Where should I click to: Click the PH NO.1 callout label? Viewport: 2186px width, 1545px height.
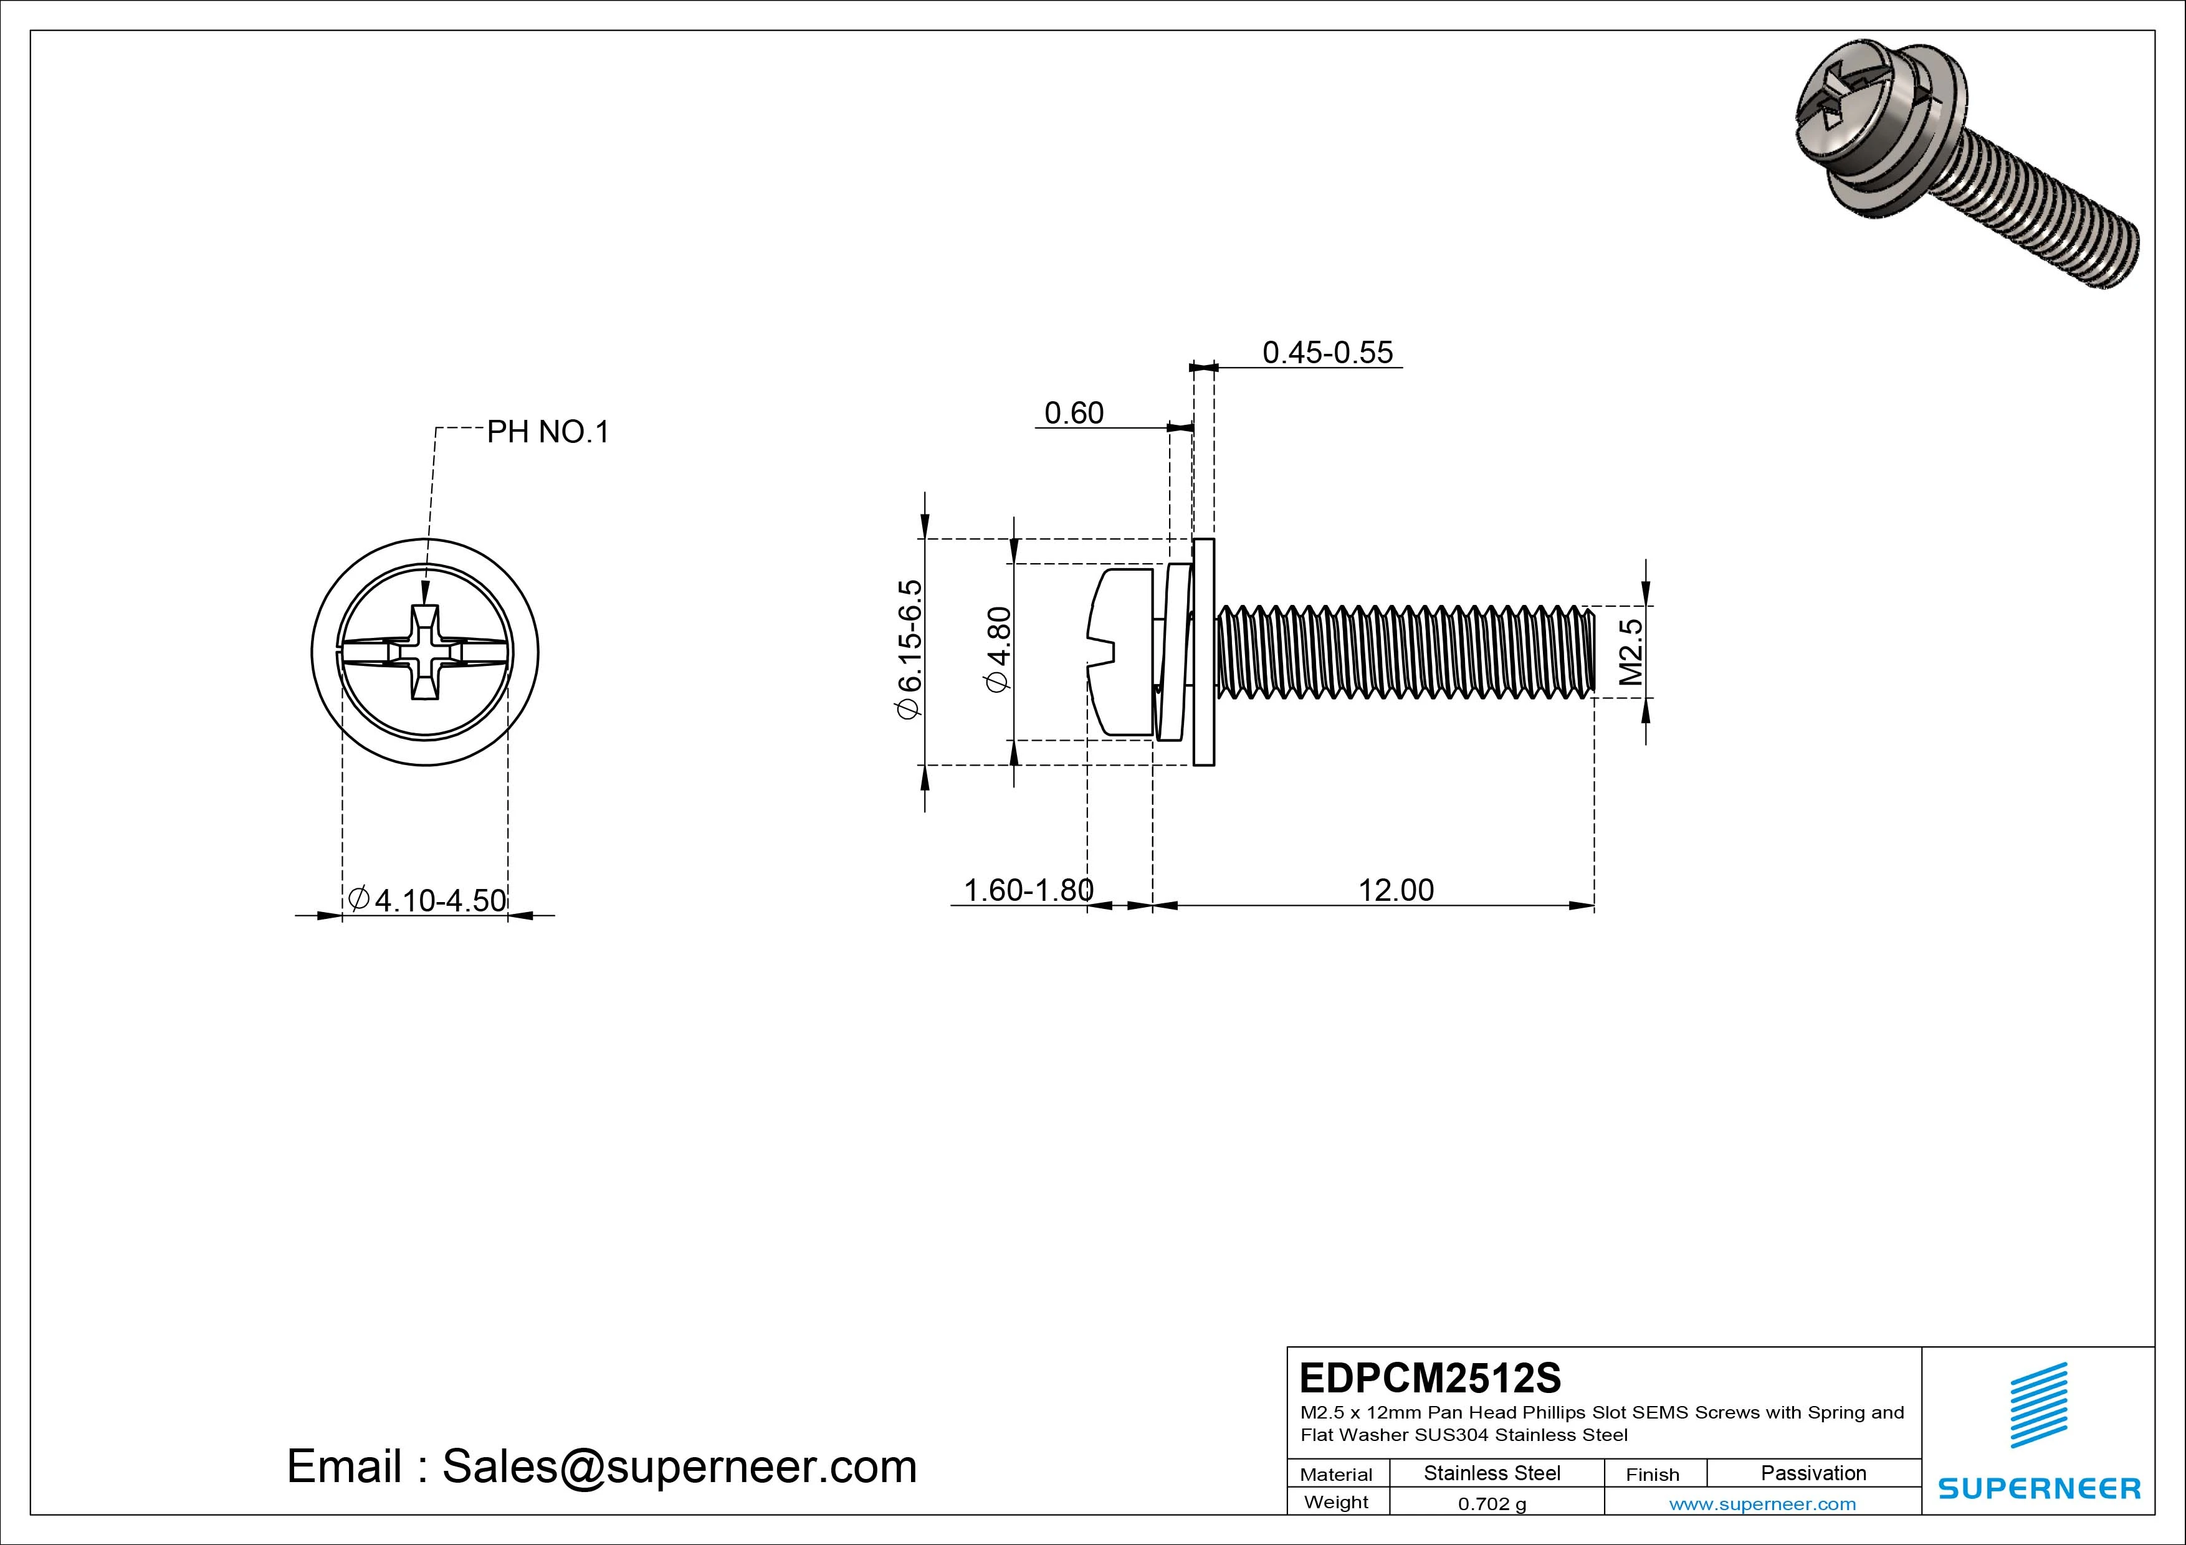tap(548, 432)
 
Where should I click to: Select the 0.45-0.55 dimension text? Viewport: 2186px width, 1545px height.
tap(1327, 352)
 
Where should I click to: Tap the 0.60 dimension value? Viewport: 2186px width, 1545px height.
tap(1074, 413)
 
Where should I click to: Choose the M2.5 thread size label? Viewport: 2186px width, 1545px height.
tap(1631, 652)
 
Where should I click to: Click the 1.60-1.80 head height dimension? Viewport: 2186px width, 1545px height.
tap(1028, 890)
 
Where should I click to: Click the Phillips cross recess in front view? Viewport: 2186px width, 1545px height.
tap(424, 652)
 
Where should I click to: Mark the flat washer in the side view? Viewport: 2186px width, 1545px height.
tap(1203, 652)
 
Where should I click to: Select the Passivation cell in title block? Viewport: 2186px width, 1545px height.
tap(1813, 1473)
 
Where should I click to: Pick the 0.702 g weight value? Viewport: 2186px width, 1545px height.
tap(1492, 1504)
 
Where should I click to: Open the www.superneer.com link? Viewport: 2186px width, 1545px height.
tap(1762, 1504)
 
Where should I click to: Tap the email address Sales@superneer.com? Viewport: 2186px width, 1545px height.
tap(679, 1466)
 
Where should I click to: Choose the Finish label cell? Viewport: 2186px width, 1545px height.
tap(1652, 1473)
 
